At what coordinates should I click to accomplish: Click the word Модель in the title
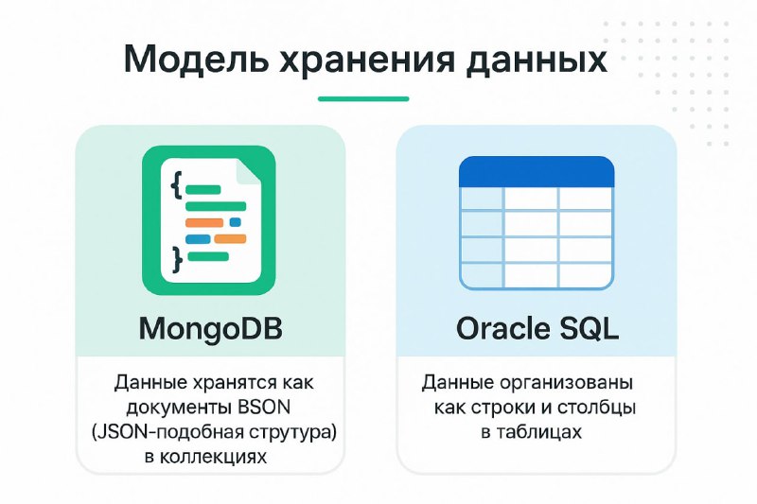click(195, 59)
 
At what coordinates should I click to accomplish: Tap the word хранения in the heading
click(367, 61)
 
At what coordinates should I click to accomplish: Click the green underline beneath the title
click(363, 99)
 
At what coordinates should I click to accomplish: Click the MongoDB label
click(210, 328)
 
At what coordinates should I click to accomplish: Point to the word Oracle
click(503, 328)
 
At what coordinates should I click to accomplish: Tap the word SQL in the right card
click(589, 328)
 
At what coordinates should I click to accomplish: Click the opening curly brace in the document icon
click(176, 185)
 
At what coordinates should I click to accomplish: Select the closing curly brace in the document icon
click(177, 259)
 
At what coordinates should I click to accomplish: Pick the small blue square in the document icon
click(235, 222)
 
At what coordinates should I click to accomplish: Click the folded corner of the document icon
click(249, 172)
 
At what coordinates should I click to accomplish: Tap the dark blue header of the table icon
click(537, 172)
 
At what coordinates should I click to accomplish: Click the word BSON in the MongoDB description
click(264, 407)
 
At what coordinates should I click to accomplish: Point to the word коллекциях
click(213, 457)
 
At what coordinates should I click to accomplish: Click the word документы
click(179, 408)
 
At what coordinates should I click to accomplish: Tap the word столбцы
click(596, 408)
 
